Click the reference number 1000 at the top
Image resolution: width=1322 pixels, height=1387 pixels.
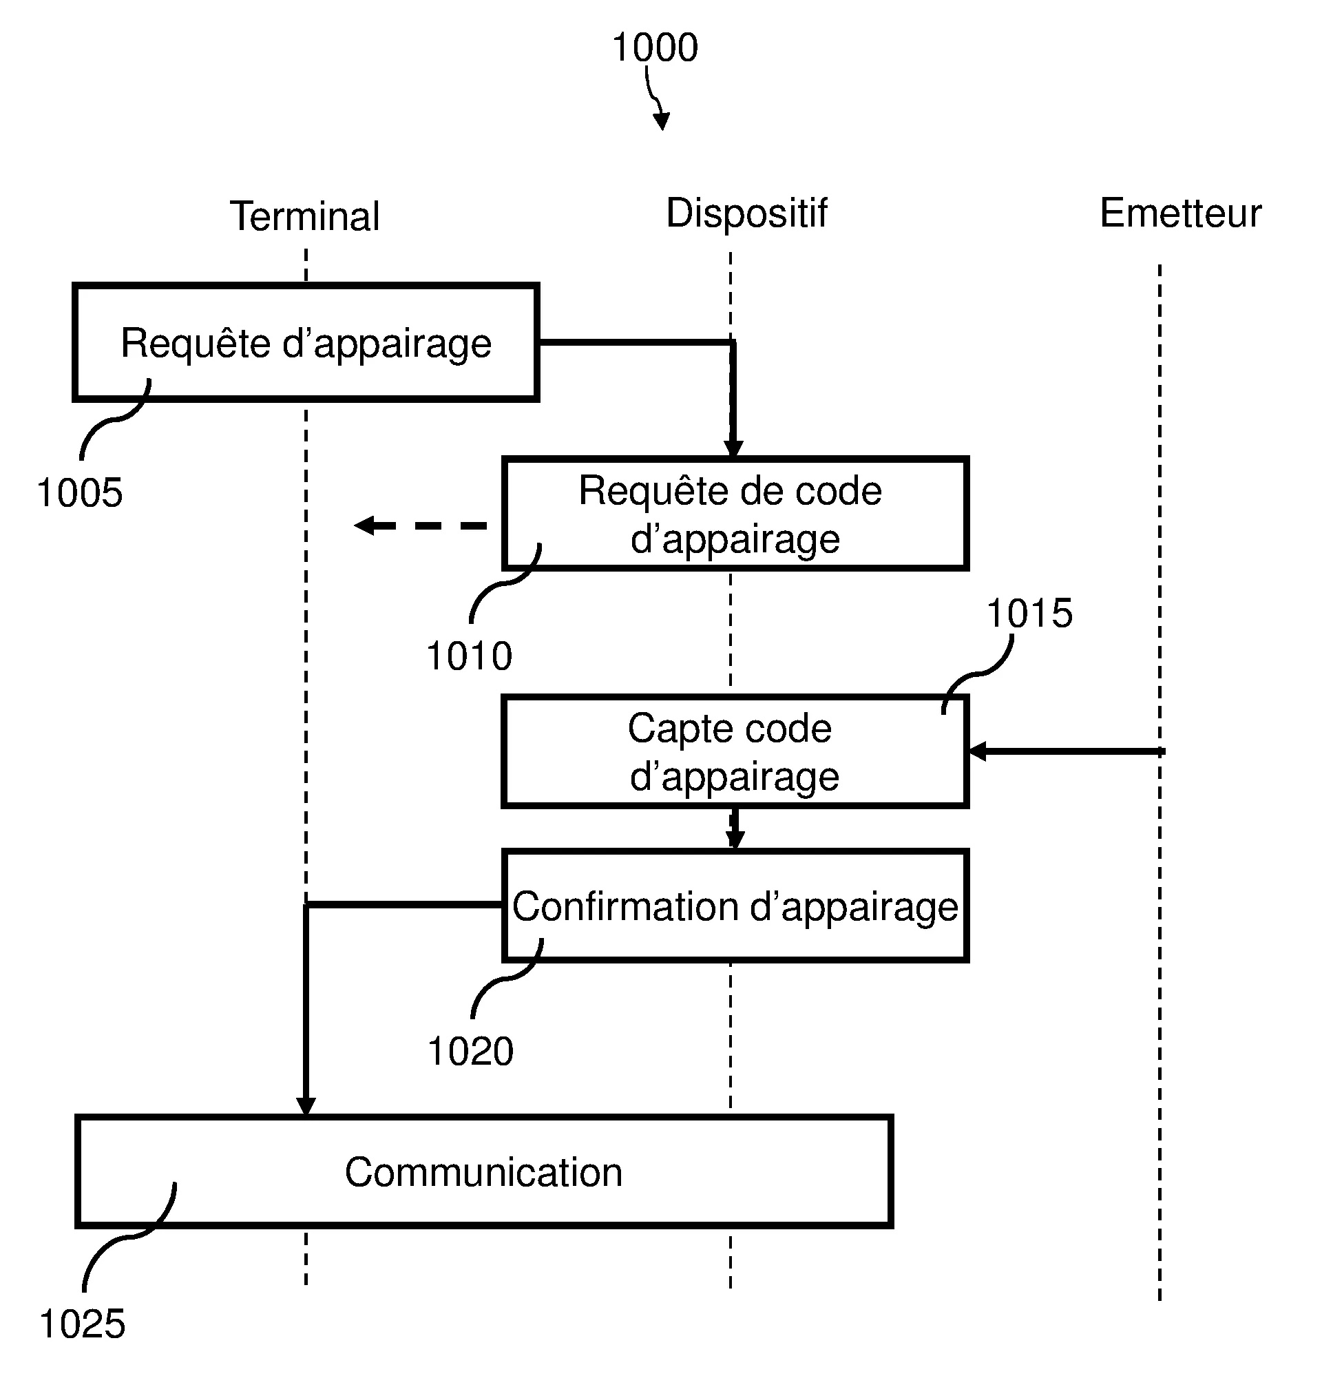click(x=655, y=48)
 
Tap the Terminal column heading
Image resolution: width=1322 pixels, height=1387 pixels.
click(x=304, y=216)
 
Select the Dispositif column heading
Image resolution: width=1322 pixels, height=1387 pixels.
click(x=746, y=213)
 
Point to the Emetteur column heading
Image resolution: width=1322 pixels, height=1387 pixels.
click(x=1180, y=213)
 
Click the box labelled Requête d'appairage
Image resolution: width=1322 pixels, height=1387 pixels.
click(x=306, y=343)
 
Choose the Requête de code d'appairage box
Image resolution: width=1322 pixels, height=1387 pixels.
click(x=734, y=514)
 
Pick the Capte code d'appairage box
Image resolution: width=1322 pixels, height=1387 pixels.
click(x=734, y=751)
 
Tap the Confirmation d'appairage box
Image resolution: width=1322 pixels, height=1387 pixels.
click(x=734, y=906)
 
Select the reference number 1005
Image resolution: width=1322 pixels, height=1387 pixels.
click(x=80, y=492)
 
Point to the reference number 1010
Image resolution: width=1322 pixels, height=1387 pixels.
click(x=470, y=656)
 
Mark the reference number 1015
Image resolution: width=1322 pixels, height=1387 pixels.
click(x=1029, y=613)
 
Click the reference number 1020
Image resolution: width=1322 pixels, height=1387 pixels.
click(x=471, y=1052)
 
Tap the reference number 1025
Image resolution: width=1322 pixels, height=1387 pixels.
click(x=83, y=1324)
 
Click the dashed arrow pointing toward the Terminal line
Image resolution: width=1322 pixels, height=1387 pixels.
click(x=421, y=525)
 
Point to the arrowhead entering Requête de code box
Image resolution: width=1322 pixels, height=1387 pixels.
click(x=733, y=449)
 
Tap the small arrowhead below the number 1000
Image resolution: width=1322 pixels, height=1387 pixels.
click(x=662, y=122)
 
